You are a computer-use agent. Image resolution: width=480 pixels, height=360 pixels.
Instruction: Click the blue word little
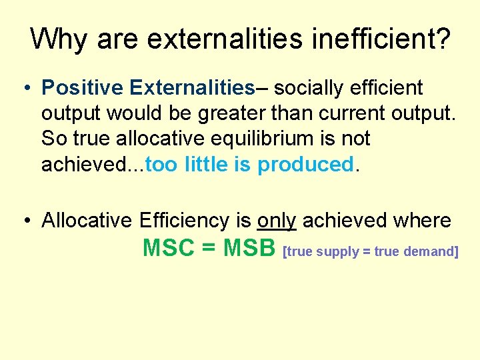click(x=206, y=165)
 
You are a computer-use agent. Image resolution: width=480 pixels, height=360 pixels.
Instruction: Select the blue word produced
click(x=305, y=165)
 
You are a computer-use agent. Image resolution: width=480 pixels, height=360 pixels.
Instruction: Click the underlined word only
click(x=276, y=220)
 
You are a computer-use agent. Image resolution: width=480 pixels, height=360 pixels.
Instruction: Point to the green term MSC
click(x=168, y=248)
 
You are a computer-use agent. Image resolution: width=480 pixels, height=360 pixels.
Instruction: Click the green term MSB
click(x=249, y=248)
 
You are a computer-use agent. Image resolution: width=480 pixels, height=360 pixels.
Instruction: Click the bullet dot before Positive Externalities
click(x=25, y=88)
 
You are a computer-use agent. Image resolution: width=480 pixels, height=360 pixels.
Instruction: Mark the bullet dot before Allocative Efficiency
click(x=25, y=221)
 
